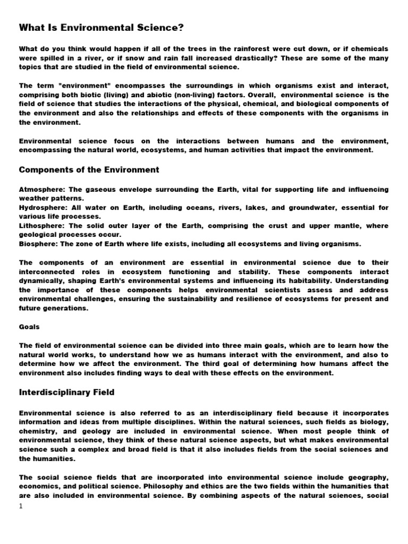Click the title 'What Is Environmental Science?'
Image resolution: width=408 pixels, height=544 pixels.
(101, 27)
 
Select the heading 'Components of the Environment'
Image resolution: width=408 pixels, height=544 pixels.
(89, 170)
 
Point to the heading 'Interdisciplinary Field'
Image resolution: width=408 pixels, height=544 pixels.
(67, 392)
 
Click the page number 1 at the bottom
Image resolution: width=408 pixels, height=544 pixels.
(21, 506)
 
